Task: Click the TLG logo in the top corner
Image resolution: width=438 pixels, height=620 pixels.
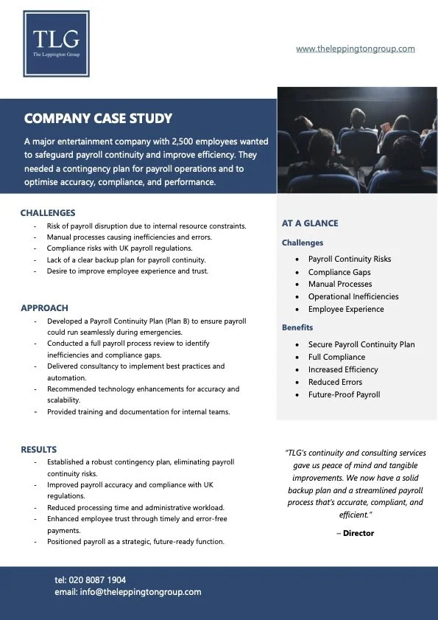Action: point(56,43)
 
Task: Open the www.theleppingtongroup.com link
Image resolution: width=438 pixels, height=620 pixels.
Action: point(355,49)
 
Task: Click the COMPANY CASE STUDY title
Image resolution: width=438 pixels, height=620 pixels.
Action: point(98,118)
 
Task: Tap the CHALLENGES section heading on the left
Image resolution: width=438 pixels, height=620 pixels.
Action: point(48,213)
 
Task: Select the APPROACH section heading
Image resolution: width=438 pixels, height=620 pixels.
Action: point(44,307)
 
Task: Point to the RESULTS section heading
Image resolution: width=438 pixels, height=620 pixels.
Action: point(38,449)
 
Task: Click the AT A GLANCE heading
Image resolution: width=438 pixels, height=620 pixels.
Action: point(310,223)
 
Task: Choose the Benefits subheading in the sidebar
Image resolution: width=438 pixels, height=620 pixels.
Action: point(297,327)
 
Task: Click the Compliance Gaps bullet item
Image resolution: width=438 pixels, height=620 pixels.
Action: point(339,272)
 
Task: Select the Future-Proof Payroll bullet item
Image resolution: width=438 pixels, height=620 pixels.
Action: point(344,394)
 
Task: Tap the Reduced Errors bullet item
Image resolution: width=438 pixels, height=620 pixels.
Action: point(335,382)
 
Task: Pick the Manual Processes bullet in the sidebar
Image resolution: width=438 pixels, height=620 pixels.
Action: point(340,284)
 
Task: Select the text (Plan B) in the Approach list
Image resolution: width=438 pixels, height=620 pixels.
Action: point(186,321)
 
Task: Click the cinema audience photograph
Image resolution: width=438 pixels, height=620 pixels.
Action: point(356,139)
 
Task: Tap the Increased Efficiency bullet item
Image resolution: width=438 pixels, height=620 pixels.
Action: point(343,369)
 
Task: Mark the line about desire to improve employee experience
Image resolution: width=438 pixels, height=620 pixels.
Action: point(127,271)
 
